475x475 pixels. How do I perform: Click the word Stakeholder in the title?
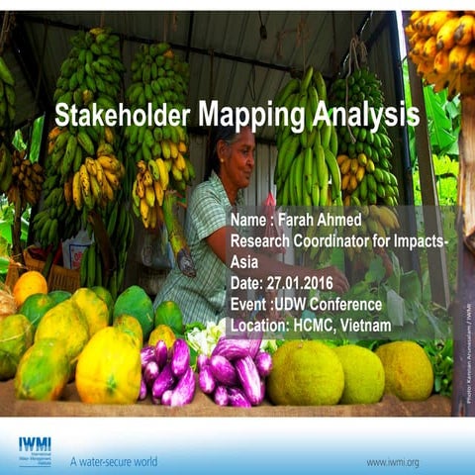point(123,116)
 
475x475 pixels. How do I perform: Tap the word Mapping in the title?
point(246,116)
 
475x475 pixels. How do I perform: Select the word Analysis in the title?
point(361,116)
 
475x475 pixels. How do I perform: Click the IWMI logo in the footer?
point(36,451)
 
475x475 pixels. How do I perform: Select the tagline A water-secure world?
point(113,461)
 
